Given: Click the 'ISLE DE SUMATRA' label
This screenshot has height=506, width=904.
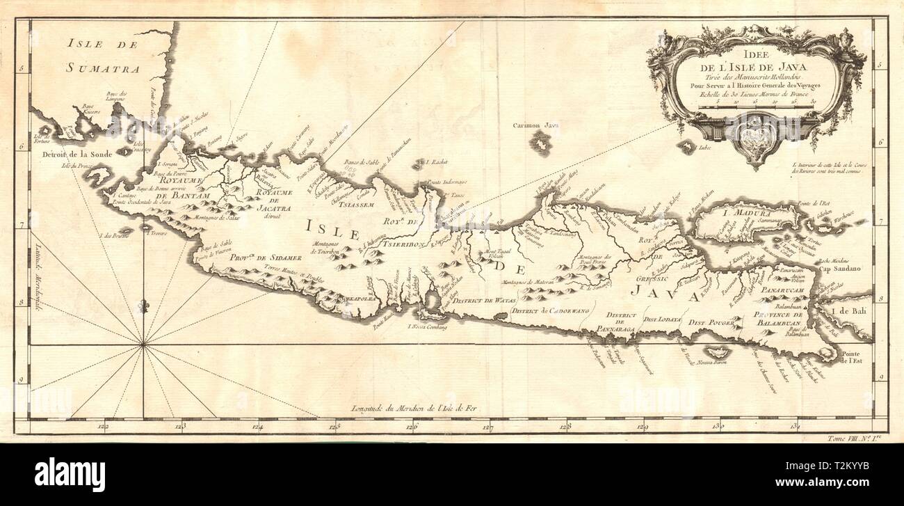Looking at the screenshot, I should click(x=103, y=56).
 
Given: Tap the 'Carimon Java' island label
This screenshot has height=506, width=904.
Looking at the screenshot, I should click(x=536, y=126).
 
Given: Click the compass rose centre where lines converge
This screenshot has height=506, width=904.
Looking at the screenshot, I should click(x=143, y=344).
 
